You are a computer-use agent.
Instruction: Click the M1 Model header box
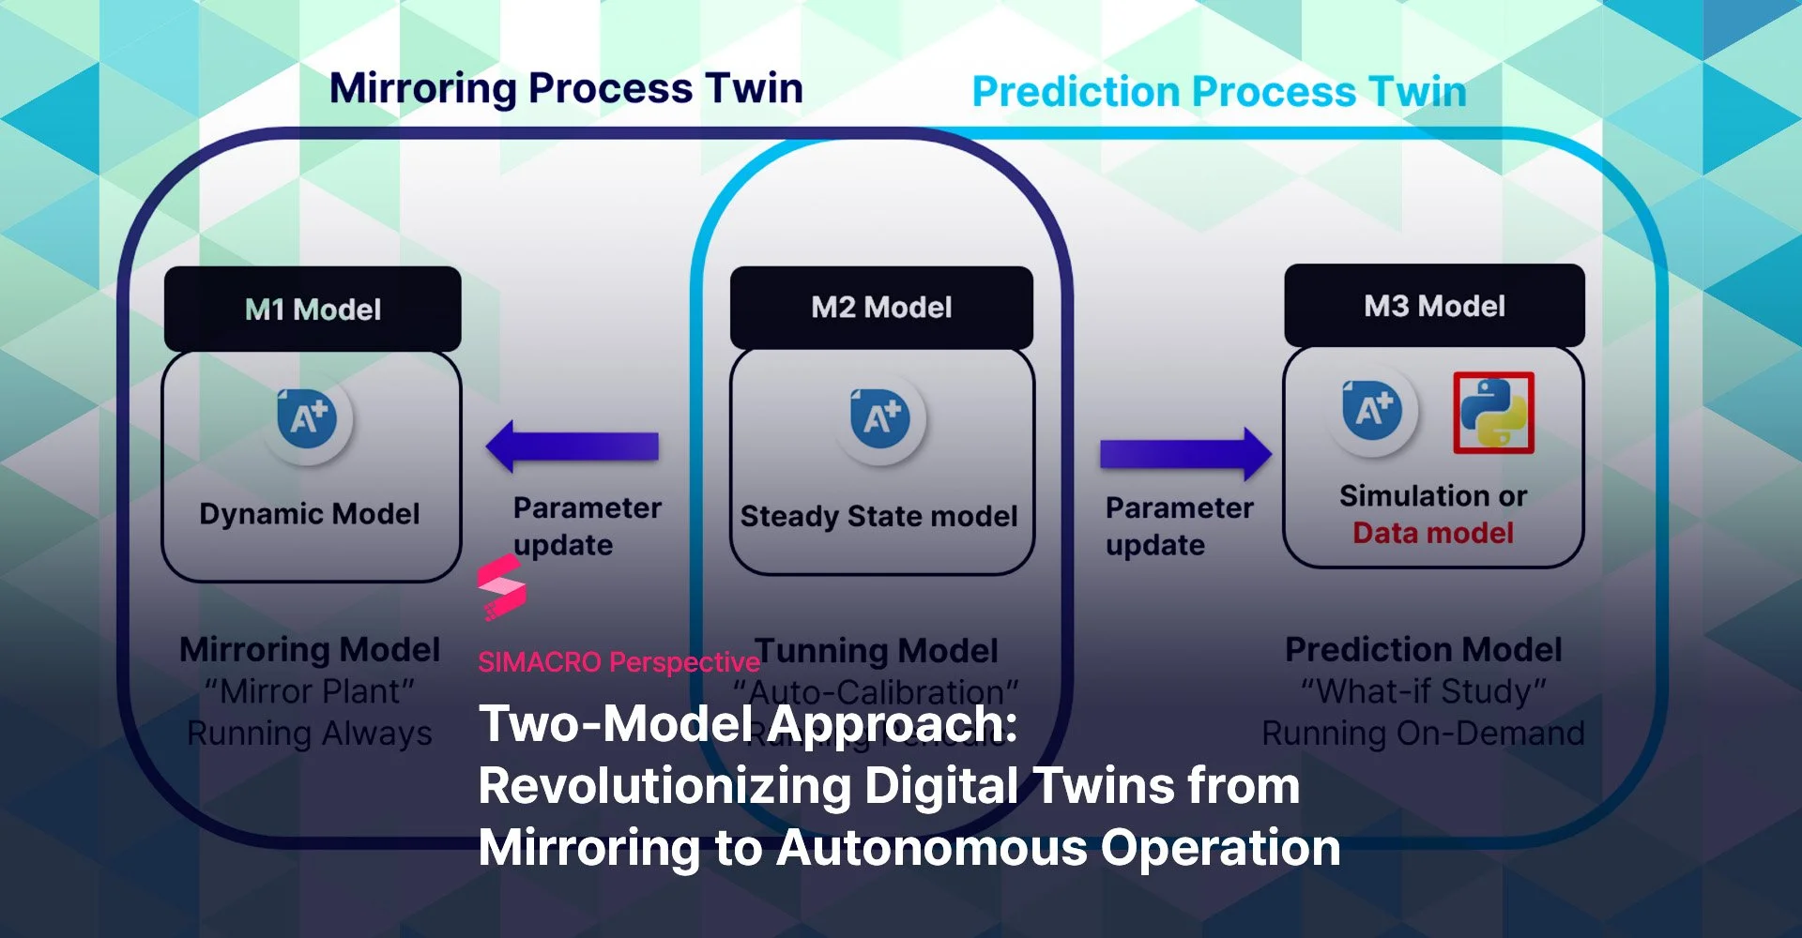[313, 309]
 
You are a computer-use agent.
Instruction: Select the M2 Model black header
[881, 307]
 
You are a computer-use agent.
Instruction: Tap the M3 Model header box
[1434, 306]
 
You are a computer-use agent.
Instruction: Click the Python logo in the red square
[1493, 413]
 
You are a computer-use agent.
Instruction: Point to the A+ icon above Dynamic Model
[308, 416]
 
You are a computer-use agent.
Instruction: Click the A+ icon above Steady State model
[880, 416]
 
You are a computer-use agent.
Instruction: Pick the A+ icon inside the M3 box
[1372, 410]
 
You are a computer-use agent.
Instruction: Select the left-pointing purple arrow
[573, 446]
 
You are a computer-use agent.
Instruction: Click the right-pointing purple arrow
[1185, 454]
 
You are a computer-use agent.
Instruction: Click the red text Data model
[1433, 533]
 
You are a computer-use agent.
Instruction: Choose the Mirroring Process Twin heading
[566, 88]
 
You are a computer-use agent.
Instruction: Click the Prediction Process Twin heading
[1218, 92]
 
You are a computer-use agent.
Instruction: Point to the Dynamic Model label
[310, 514]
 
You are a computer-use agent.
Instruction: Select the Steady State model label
[878, 516]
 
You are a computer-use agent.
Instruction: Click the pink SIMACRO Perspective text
[618, 662]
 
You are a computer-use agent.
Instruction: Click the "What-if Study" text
[1423, 691]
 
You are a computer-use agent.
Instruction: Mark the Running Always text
[310, 734]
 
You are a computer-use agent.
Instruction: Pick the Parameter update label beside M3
[1178, 526]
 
